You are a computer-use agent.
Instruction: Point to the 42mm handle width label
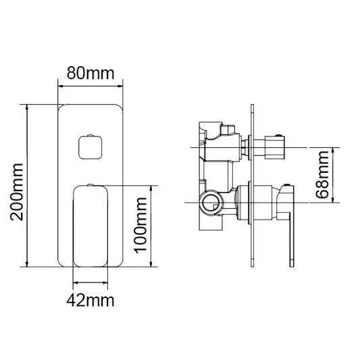click(x=91, y=299)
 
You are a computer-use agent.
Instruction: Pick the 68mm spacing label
click(x=324, y=174)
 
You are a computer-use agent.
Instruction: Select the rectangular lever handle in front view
click(x=91, y=225)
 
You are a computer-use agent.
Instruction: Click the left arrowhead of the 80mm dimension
click(x=61, y=86)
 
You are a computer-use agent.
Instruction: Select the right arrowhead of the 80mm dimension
click(x=122, y=86)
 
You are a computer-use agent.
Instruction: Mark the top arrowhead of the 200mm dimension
click(x=27, y=107)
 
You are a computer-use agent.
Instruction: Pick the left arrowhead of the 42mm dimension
click(x=74, y=283)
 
